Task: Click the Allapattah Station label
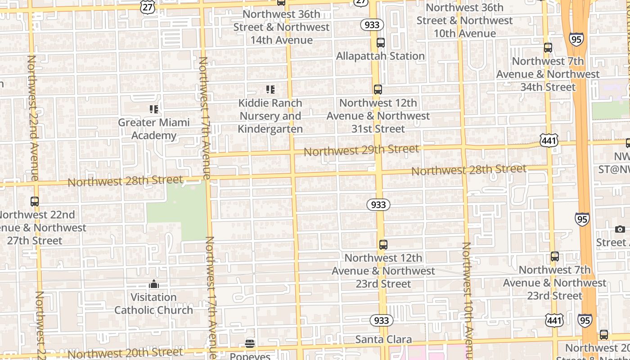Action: click(x=380, y=56)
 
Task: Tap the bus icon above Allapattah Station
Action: click(x=381, y=43)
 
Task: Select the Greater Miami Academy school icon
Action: click(x=154, y=109)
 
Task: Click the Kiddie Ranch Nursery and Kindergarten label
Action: click(x=270, y=116)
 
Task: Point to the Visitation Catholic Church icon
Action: click(x=154, y=284)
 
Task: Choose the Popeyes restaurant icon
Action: click(x=250, y=344)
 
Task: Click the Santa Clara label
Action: click(x=383, y=339)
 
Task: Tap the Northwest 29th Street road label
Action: click(x=361, y=150)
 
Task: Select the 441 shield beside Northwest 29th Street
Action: click(x=549, y=141)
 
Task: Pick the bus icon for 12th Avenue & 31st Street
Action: click(x=378, y=90)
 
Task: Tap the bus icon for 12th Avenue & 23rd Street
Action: click(x=383, y=245)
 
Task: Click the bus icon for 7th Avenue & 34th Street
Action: click(x=548, y=48)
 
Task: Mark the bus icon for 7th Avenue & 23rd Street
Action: click(x=555, y=256)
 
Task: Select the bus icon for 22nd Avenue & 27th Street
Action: click(x=35, y=202)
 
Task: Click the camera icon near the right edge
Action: click(x=620, y=229)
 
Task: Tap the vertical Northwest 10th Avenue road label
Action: click(x=467, y=299)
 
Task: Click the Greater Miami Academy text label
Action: click(x=154, y=129)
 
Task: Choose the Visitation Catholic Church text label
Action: click(x=153, y=304)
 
